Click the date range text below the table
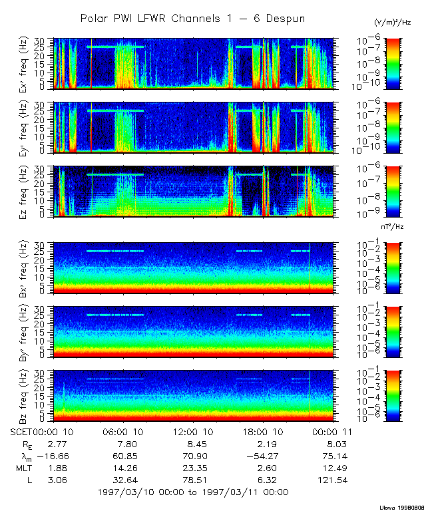point(193,492)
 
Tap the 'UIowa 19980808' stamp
point(402,506)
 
